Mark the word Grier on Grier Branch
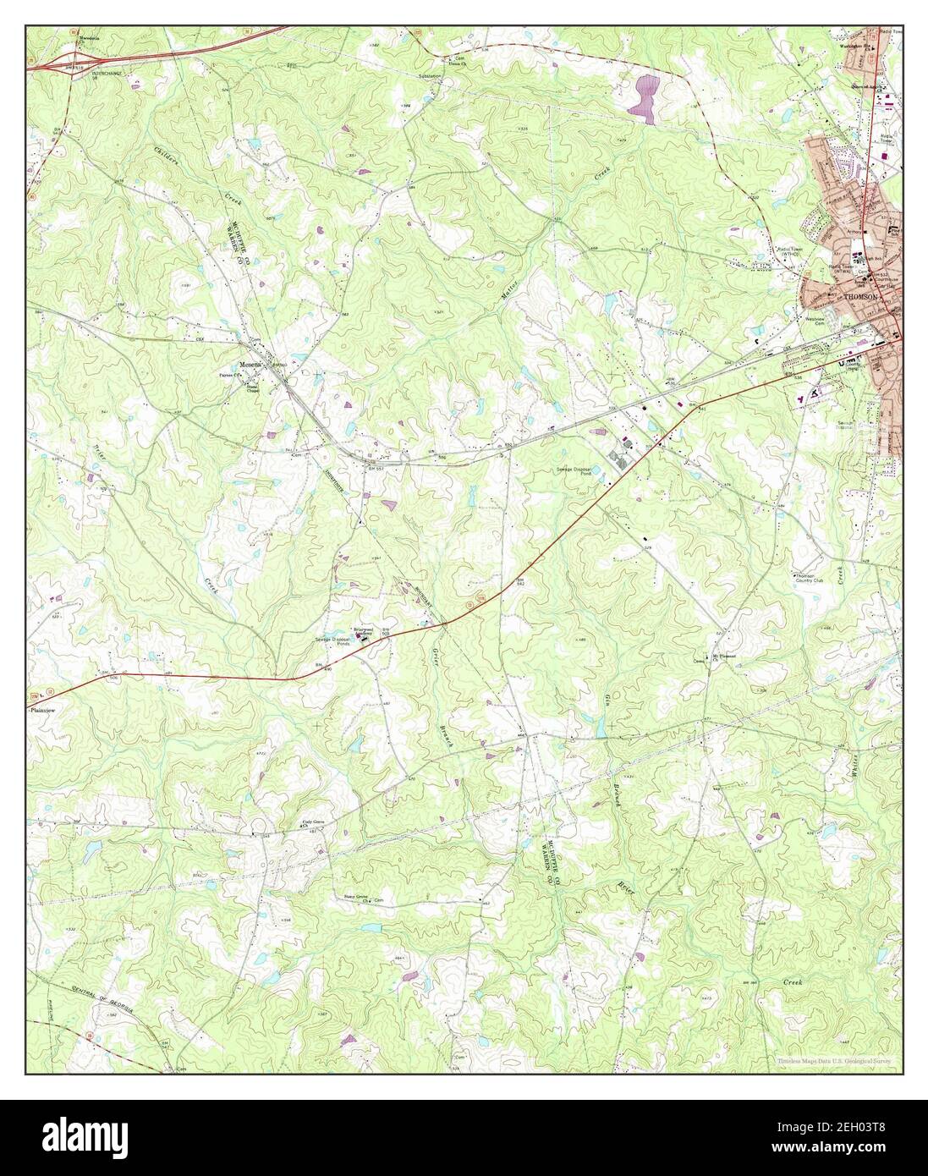click(437, 671)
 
